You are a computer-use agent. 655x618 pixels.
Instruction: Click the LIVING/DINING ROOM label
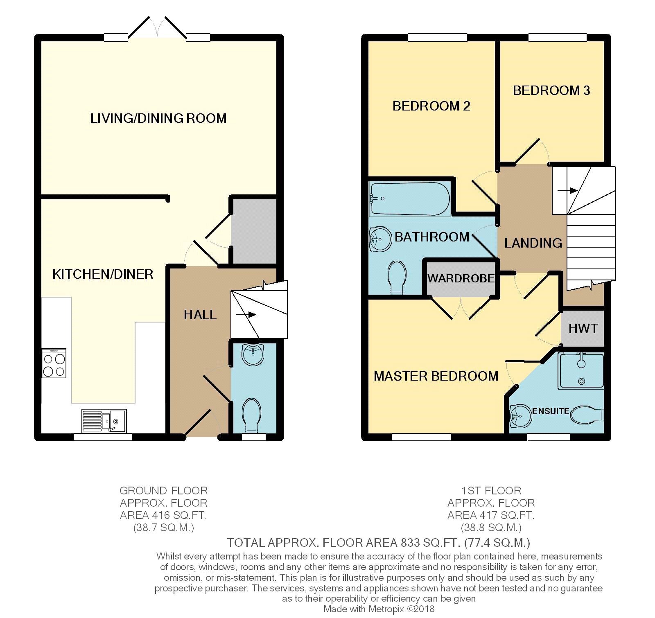tap(158, 118)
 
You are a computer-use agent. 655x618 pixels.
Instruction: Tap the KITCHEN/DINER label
tap(103, 274)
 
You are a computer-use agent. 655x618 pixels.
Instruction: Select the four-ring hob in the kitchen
tap(54, 363)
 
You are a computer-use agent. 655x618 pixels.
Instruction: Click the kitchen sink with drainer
tap(104, 421)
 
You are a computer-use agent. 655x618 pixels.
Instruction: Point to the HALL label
tap(200, 315)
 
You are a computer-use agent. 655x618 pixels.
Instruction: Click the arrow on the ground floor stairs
tap(246, 315)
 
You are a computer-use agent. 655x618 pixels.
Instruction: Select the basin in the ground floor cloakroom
tap(253, 354)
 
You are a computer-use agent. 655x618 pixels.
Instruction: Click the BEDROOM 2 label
tap(431, 106)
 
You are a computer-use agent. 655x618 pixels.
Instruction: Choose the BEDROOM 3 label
tap(551, 90)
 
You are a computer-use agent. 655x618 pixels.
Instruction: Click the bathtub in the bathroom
tap(409, 199)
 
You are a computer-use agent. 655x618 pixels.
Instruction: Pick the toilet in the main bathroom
tap(396, 277)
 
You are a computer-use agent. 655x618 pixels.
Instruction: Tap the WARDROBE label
tap(461, 278)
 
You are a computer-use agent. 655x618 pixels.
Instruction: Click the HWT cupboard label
tap(583, 328)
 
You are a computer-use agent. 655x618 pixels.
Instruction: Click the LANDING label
tap(533, 243)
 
